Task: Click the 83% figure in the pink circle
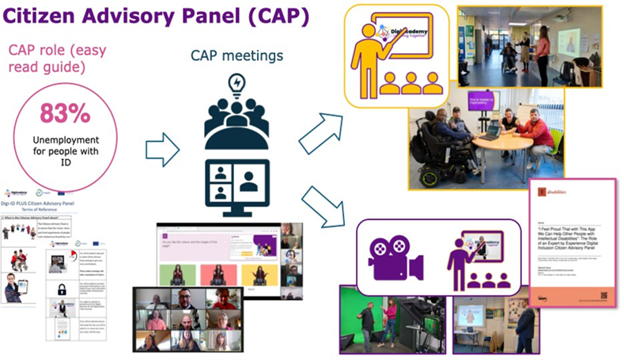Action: click(x=66, y=115)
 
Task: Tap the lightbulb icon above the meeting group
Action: click(x=236, y=84)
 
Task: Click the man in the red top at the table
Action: click(x=538, y=131)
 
